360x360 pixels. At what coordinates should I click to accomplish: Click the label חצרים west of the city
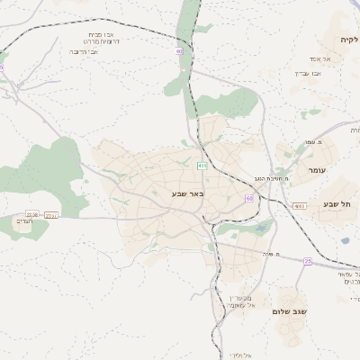click(23, 221)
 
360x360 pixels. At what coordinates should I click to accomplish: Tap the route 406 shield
click(202, 166)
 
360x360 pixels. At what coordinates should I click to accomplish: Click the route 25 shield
click(307, 261)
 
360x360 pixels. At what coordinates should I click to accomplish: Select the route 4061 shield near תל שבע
click(300, 206)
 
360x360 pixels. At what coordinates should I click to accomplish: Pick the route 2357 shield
click(50, 215)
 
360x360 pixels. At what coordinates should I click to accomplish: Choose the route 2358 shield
click(32, 214)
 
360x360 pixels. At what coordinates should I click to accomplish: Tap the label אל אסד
click(321, 59)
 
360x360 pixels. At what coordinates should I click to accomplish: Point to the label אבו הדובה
click(84, 51)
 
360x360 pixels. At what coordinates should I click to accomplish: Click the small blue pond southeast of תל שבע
click(345, 240)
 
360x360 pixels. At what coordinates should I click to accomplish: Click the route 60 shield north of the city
click(180, 51)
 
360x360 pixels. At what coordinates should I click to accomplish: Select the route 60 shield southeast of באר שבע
click(249, 198)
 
